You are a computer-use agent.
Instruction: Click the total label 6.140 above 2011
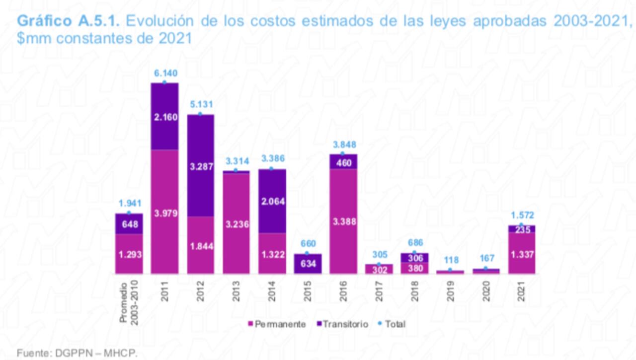164,73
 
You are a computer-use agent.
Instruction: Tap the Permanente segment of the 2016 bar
343,221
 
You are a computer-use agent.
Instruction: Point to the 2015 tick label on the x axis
308,291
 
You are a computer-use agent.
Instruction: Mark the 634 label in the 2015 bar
308,264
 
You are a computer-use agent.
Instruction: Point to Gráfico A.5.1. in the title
70,21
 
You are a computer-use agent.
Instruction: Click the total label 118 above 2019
450,260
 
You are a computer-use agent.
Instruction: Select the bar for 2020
486,271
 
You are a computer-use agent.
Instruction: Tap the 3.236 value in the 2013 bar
236,224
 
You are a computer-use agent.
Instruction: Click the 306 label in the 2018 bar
414,258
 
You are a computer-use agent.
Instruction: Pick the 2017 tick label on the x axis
379,291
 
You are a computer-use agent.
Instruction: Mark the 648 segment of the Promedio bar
129,223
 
